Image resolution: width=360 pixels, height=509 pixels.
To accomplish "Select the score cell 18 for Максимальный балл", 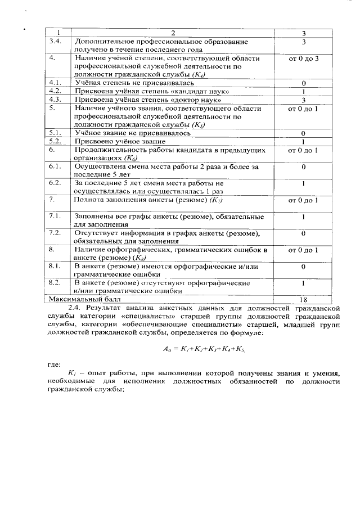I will click(x=303, y=299).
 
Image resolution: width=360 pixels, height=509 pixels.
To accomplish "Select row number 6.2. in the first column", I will click(x=55, y=183).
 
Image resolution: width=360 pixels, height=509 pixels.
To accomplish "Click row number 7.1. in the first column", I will click(x=55, y=216).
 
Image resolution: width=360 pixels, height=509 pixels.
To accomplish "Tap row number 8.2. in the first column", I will click(x=55, y=282).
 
